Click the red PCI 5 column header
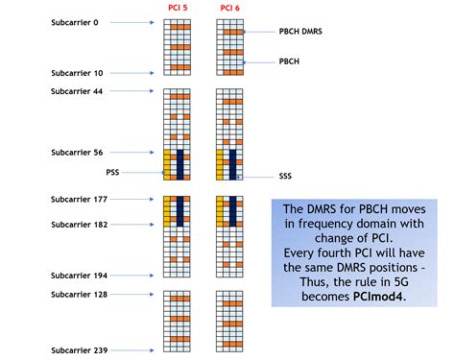click(177, 9)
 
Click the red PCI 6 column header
click(229, 9)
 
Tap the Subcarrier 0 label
click(75, 23)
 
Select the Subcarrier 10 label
click(77, 73)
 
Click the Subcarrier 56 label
click(77, 153)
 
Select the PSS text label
click(113, 173)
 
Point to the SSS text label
click(285, 177)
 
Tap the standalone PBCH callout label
click(288, 63)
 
